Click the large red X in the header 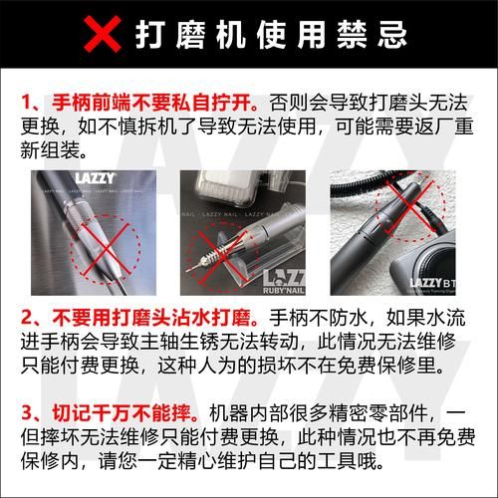coord(103,36)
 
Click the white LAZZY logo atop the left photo coord(96,179)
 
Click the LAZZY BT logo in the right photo coord(437,283)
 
